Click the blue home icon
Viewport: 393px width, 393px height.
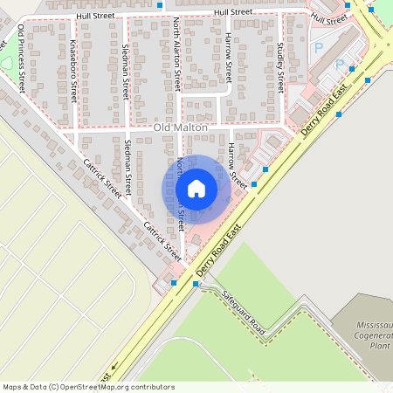[x=196, y=188]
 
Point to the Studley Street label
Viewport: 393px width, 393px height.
[x=279, y=68]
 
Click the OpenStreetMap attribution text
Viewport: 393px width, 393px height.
[x=88, y=387]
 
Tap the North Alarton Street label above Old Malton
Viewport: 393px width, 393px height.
[x=177, y=54]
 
